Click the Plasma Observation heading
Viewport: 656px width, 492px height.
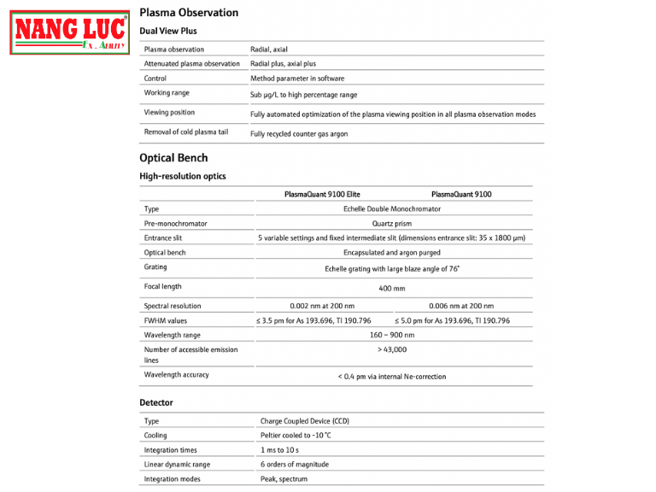tap(189, 13)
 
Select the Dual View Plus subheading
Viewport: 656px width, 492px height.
tap(168, 32)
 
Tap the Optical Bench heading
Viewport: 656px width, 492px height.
tap(173, 158)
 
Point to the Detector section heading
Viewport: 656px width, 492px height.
tap(156, 402)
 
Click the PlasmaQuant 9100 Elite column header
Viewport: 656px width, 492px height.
tap(323, 194)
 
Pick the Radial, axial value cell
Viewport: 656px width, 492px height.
tap(269, 50)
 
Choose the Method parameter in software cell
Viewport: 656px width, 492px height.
tap(297, 79)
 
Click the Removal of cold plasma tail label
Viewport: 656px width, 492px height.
tap(186, 132)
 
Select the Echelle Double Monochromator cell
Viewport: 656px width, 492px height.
tap(392, 208)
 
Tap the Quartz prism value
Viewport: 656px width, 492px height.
tap(392, 224)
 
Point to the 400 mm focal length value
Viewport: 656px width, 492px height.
tap(392, 289)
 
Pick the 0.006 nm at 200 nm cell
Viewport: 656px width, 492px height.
tap(461, 306)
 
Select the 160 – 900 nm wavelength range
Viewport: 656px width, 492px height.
tap(392, 335)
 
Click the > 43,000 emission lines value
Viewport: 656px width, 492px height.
tap(392, 349)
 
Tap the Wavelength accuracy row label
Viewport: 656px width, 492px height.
tap(177, 375)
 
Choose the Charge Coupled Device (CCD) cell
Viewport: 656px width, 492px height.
tap(305, 421)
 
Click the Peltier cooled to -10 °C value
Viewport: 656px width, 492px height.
tap(296, 436)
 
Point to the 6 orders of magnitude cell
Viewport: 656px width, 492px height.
tap(295, 465)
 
